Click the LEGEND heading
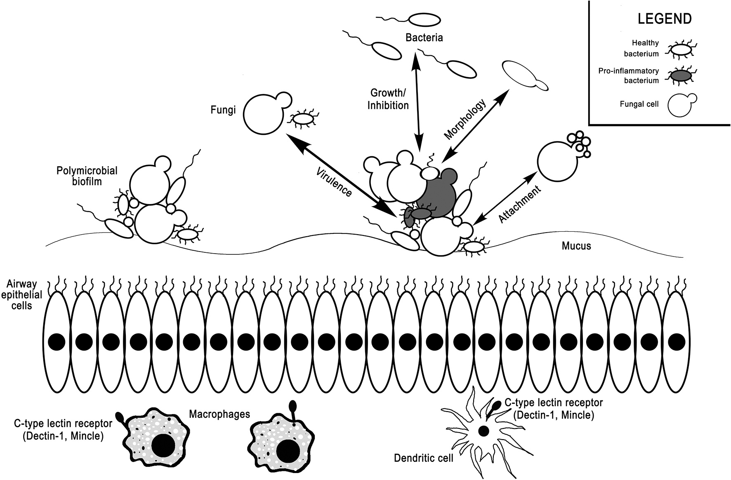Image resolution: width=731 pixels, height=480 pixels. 665,19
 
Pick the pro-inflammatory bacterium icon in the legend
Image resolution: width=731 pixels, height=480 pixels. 680,76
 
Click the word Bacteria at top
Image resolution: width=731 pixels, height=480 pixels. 424,38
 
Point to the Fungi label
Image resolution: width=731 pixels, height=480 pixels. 223,110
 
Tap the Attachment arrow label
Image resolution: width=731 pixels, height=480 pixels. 519,205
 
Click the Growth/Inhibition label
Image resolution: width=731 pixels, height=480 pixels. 388,99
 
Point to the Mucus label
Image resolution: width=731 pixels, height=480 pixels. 576,246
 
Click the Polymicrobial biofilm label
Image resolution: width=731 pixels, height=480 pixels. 87,175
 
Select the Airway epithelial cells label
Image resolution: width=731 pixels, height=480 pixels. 21,294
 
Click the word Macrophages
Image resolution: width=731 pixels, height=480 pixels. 220,414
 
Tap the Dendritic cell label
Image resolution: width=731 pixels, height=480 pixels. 424,458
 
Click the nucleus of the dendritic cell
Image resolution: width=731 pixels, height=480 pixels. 483,431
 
